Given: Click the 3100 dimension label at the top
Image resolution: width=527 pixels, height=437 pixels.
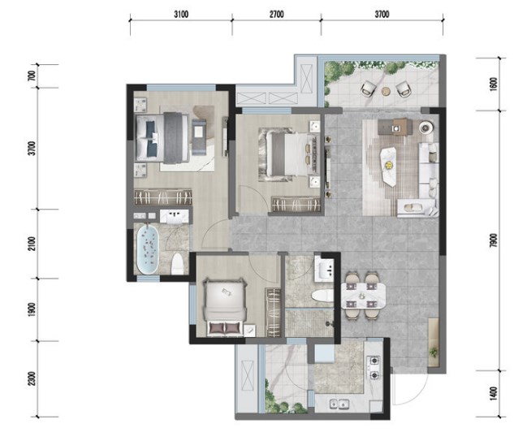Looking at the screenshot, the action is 181,14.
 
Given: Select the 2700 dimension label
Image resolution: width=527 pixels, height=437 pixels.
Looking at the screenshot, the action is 276,14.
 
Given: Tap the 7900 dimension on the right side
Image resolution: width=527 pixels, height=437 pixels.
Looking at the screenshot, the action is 493,240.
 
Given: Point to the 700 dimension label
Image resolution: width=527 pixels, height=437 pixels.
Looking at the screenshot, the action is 32,76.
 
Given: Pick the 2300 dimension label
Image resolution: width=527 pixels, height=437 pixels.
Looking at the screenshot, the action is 32,379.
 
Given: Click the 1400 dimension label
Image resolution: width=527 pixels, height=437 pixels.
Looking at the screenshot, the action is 493,393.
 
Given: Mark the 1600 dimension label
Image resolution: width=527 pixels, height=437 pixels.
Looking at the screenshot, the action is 493,84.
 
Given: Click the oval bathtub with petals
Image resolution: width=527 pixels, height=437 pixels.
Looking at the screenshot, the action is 148,249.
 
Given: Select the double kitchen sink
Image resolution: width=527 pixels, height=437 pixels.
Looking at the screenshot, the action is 339,404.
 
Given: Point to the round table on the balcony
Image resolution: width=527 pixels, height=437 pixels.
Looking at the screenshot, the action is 386,90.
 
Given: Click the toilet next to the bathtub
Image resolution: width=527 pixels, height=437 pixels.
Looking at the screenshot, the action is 177,264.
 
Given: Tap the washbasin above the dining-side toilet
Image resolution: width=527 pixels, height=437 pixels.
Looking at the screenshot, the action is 324,269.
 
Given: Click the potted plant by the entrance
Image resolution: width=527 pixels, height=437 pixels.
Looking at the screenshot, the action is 434,353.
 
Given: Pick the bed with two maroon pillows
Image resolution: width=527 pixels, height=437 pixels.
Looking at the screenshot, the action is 225,307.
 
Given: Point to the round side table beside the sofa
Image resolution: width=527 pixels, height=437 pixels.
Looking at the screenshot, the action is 426,128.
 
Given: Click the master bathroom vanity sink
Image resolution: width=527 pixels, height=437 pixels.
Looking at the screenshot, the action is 175,216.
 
